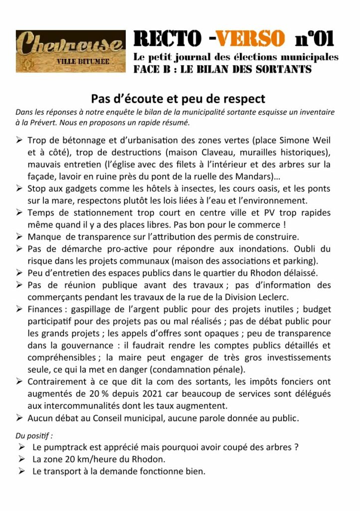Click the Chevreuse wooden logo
click(70, 50)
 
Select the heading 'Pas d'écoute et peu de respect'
click(178, 99)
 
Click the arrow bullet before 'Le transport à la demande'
click(21, 472)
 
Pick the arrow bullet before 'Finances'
click(18, 309)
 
